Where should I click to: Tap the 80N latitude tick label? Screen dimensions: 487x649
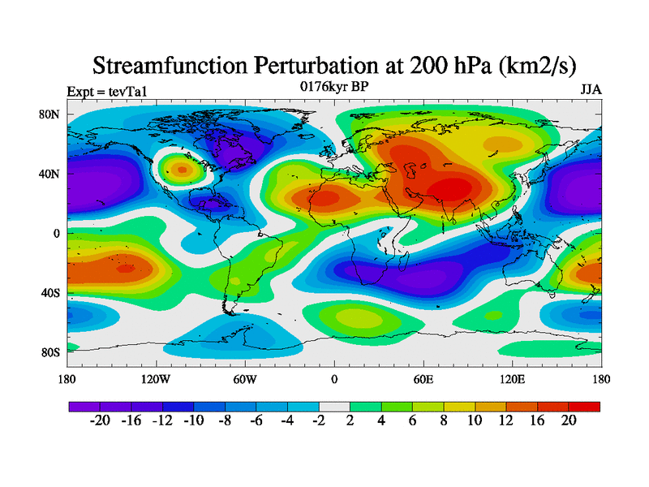50,114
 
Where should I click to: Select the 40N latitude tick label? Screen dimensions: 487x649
50,174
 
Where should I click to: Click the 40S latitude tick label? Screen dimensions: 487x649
50,293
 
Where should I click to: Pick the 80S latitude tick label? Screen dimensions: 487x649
50,352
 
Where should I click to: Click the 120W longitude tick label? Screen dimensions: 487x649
156,378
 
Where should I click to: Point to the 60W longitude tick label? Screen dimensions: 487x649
245,378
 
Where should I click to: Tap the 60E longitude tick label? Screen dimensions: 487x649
423,378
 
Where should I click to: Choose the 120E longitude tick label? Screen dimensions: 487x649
512,378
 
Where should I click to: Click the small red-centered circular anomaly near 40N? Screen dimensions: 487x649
182,170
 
